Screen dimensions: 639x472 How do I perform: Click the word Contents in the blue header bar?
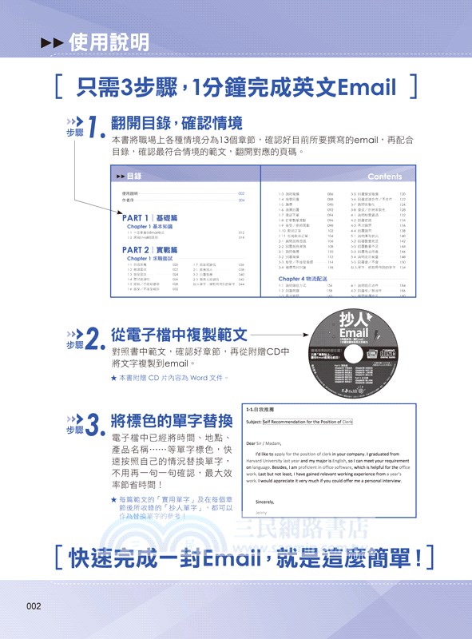384,176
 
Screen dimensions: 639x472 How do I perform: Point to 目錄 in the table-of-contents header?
134,176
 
